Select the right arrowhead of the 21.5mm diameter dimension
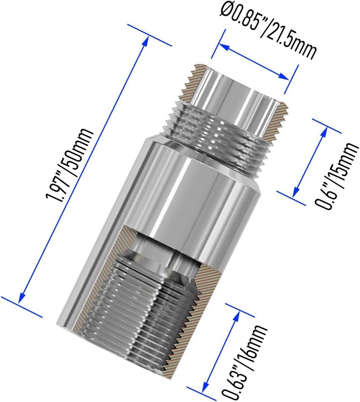(286, 76)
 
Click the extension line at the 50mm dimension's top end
(149, 35)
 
